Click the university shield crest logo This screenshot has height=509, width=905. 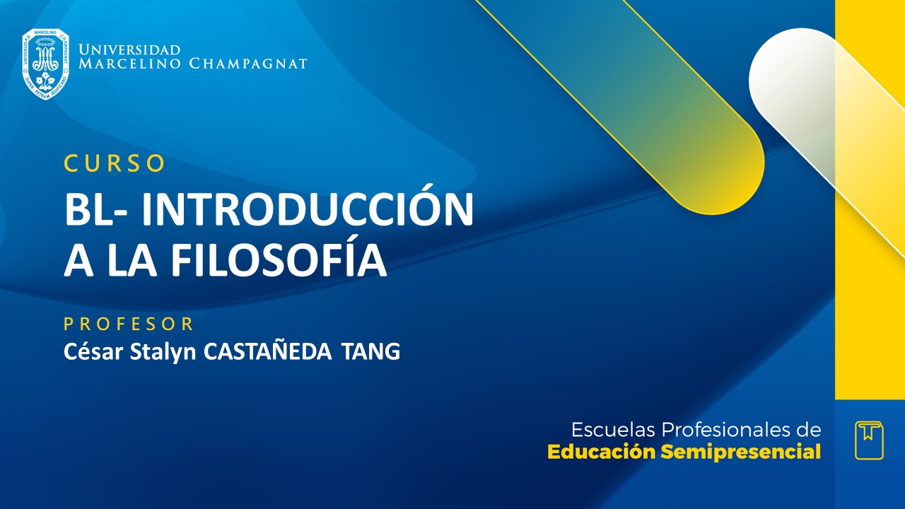click(x=45, y=64)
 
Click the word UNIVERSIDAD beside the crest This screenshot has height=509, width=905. click(x=129, y=50)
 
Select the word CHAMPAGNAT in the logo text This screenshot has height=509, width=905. click(x=248, y=64)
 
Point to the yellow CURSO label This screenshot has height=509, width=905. click(x=115, y=163)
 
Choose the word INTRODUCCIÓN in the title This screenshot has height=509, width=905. click(x=313, y=210)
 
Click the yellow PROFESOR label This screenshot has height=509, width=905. click(x=129, y=324)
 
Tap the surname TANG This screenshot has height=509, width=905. click(x=370, y=351)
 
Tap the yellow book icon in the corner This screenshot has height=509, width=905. click(x=869, y=440)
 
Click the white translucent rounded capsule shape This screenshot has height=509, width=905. click(x=799, y=85)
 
